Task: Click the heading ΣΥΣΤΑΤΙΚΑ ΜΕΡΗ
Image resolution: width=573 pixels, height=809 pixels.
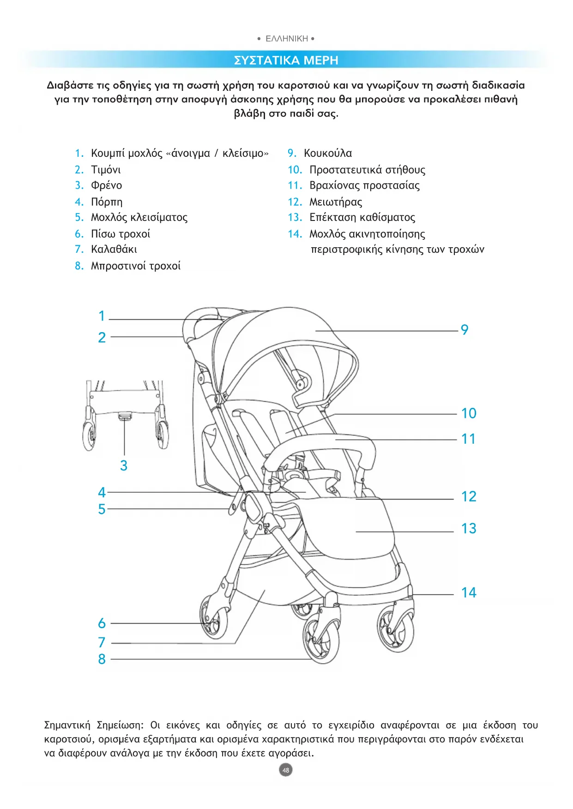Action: (x=286, y=60)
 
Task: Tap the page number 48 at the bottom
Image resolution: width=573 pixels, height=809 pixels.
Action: (x=286, y=770)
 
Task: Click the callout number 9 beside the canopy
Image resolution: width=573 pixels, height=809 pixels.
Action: (x=464, y=330)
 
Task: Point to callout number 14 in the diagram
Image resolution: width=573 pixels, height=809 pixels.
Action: (x=469, y=593)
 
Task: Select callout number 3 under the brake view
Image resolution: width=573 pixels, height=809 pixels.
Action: (x=124, y=465)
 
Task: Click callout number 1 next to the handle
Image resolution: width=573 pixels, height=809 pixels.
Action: (x=102, y=316)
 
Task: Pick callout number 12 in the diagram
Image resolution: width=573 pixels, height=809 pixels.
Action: (x=469, y=497)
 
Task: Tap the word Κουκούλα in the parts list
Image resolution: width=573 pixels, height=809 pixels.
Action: (x=328, y=153)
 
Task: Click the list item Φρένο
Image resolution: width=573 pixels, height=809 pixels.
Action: (x=107, y=185)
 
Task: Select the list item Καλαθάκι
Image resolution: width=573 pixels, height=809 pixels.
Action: (x=114, y=250)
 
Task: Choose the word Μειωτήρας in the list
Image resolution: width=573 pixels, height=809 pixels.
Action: (x=336, y=202)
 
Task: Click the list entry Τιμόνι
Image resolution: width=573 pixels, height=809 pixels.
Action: (x=106, y=170)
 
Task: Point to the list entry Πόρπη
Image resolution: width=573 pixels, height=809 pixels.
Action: (x=107, y=202)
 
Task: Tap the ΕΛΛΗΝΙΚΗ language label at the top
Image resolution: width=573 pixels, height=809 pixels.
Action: (x=286, y=39)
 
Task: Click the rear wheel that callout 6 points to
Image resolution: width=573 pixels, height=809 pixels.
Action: (x=214, y=618)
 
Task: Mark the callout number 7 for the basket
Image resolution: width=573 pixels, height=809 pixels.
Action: (x=102, y=642)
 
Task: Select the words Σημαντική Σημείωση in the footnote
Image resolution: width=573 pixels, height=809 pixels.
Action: (x=94, y=725)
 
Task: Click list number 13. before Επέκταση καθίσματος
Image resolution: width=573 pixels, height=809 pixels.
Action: (x=295, y=217)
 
